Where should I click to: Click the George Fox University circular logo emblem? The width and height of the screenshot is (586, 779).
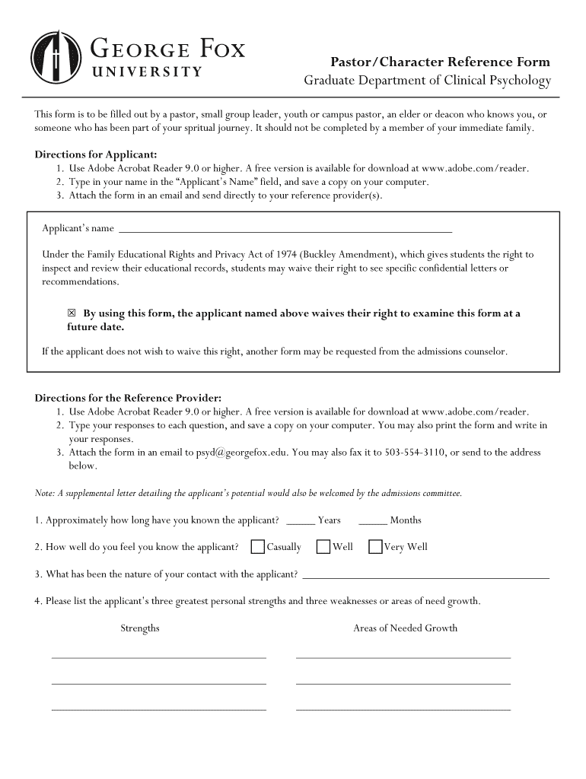click(56, 57)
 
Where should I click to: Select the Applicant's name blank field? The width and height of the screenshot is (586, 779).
click(285, 228)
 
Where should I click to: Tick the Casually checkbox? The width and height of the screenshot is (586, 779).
click(258, 546)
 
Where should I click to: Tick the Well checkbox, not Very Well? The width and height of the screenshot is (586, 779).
click(323, 546)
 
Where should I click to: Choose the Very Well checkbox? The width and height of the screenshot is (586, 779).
click(375, 546)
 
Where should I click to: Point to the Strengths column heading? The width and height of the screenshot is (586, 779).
click(140, 628)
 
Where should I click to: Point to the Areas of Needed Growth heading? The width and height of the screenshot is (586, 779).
click(405, 628)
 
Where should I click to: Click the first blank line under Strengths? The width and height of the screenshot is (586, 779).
click(158, 657)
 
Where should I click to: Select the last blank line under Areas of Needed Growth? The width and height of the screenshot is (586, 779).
click(403, 709)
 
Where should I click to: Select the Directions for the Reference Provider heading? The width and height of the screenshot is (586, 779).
click(128, 398)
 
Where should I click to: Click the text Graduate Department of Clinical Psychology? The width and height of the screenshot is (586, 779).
click(427, 81)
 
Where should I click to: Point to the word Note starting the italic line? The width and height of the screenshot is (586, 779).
click(44, 494)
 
